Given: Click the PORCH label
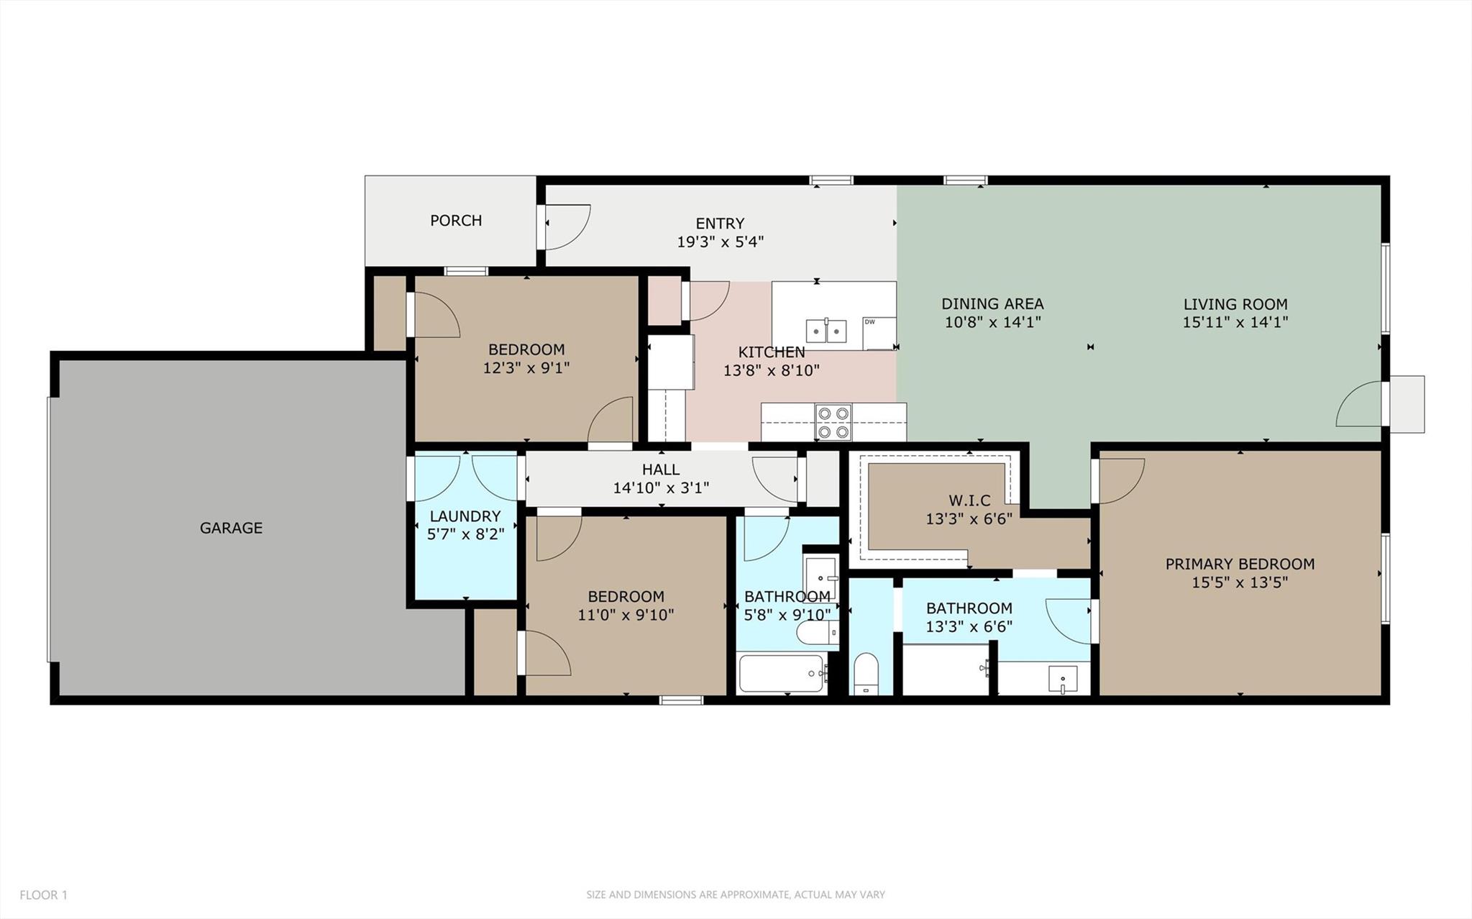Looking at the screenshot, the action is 456,221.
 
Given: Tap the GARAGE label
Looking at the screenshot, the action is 231,528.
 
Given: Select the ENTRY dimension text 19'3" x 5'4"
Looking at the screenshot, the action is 720,242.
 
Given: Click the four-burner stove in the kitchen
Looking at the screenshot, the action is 833,422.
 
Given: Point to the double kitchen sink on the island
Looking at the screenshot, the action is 826,331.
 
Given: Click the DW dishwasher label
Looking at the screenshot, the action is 870,321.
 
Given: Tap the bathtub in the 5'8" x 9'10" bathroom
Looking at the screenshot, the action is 782,674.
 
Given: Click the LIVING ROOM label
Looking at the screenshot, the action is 1235,304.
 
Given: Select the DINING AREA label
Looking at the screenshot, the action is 992,304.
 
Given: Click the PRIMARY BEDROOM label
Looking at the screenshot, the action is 1240,564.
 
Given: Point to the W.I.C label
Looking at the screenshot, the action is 969,500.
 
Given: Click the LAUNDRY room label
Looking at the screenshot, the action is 465,516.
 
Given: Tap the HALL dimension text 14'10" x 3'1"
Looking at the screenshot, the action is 661,488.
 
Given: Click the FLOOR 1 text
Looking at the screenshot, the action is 43,895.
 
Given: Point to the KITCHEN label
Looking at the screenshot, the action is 772,352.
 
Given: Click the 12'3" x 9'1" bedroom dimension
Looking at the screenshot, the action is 526,368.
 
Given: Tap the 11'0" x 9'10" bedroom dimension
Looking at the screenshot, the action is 626,615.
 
